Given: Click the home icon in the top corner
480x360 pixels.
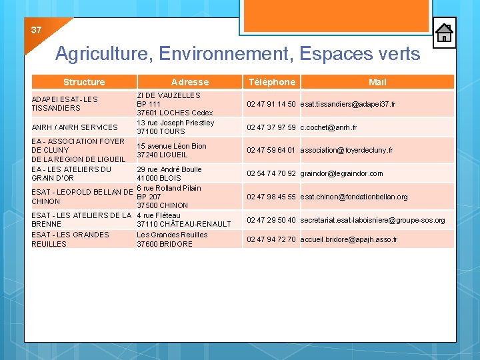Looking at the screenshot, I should tap(444, 33).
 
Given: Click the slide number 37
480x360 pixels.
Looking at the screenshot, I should tap(36, 31).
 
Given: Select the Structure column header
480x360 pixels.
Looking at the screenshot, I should tap(84, 82).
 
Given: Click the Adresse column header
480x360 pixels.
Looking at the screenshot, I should tap(190, 82).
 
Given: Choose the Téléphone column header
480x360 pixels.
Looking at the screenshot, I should tap(271, 82).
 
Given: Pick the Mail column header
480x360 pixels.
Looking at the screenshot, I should tap(377, 82).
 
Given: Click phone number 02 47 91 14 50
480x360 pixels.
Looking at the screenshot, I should tap(271, 105).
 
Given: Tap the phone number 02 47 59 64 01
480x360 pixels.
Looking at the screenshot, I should tap(271, 150).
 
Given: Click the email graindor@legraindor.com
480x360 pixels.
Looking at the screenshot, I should tap(341, 173).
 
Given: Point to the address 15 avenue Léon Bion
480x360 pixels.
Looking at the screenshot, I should tap(171, 146).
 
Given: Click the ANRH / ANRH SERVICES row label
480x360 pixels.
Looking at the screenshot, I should tap(75, 127).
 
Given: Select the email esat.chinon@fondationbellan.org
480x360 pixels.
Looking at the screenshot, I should tap(354, 197).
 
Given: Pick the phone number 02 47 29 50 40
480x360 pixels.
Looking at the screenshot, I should tap(271, 220).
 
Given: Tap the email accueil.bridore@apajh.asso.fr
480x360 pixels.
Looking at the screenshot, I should tap(349, 239).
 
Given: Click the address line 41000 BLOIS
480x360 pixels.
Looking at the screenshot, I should tap(159, 179).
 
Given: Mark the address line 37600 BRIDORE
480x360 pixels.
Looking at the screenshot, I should tap(165, 244).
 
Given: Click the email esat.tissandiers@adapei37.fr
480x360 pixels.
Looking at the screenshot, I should tap(347, 105).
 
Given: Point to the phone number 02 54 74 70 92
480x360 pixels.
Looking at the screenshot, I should tap(271, 173).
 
